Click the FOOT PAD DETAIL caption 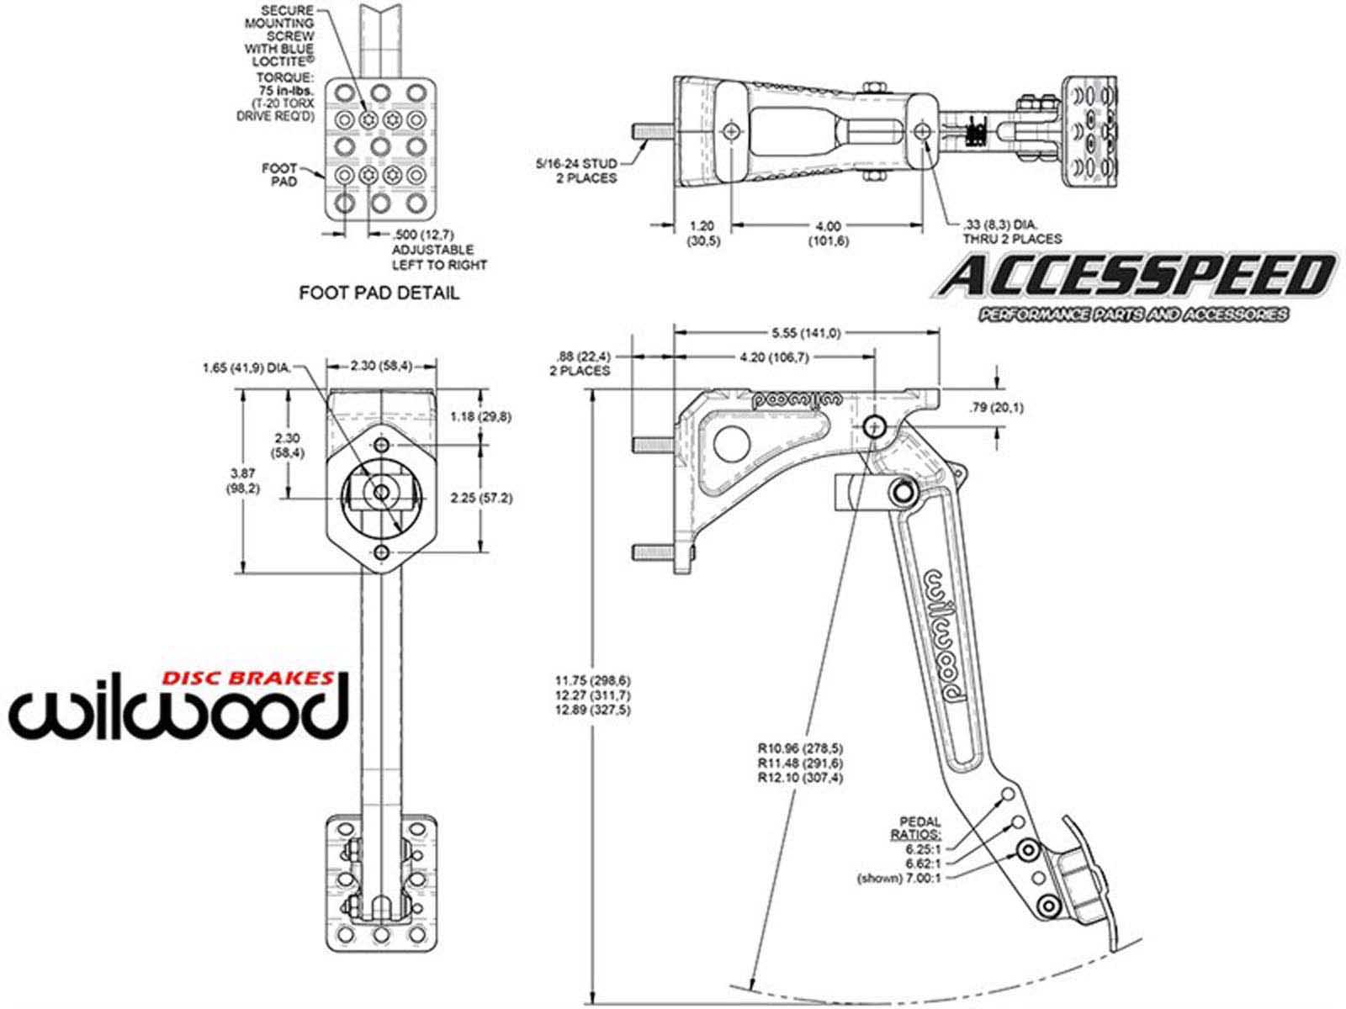click(379, 293)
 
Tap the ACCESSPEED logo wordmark click(1135, 277)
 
